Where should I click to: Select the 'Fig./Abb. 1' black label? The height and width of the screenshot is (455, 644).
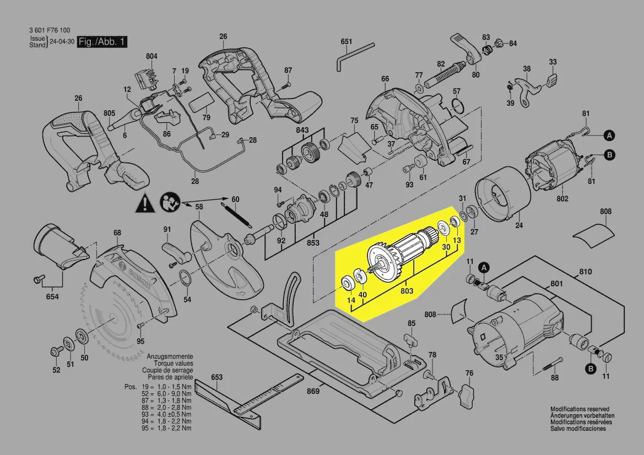102,42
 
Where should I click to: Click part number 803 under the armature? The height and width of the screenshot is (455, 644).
407,290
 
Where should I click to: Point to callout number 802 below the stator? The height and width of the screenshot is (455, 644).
561,199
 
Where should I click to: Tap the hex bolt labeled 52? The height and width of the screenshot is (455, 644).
56,351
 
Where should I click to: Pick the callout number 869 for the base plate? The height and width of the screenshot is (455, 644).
313,392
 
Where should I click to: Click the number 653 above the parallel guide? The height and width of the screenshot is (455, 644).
217,377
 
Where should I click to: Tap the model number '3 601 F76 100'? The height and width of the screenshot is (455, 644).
49,30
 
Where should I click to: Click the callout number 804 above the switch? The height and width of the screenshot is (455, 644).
151,56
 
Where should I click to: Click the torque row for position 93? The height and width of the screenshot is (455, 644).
165,414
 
